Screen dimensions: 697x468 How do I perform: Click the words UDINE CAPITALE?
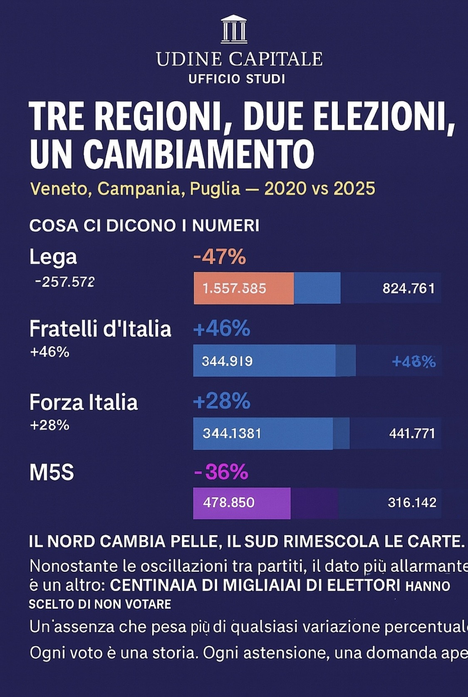click(239, 59)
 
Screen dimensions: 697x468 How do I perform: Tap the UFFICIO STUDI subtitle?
click(237, 79)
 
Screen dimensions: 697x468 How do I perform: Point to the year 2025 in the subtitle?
click(354, 189)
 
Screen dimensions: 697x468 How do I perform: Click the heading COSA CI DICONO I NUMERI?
click(144, 226)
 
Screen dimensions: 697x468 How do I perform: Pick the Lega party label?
click(53, 257)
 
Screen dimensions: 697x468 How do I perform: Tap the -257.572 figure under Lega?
click(65, 282)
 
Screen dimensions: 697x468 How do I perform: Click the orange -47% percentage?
click(220, 256)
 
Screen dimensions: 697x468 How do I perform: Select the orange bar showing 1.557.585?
click(243, 288)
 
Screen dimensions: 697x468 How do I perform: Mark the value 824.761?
click(409, 288)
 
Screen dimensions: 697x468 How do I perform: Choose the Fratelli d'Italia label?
click(100, 329)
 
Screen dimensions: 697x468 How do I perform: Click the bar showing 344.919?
click(264, 360)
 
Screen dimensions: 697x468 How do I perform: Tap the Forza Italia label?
click(83, 402)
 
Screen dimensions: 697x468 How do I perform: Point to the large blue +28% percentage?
click(222, 401)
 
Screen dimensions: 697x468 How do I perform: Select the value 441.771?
click(412, 434)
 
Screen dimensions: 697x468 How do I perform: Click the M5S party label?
click(52, 473)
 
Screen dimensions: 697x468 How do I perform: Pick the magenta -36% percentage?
click(221, 472)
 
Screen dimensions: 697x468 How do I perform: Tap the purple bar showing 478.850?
click(242, 503)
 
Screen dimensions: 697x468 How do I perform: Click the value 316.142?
click(412, 503)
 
